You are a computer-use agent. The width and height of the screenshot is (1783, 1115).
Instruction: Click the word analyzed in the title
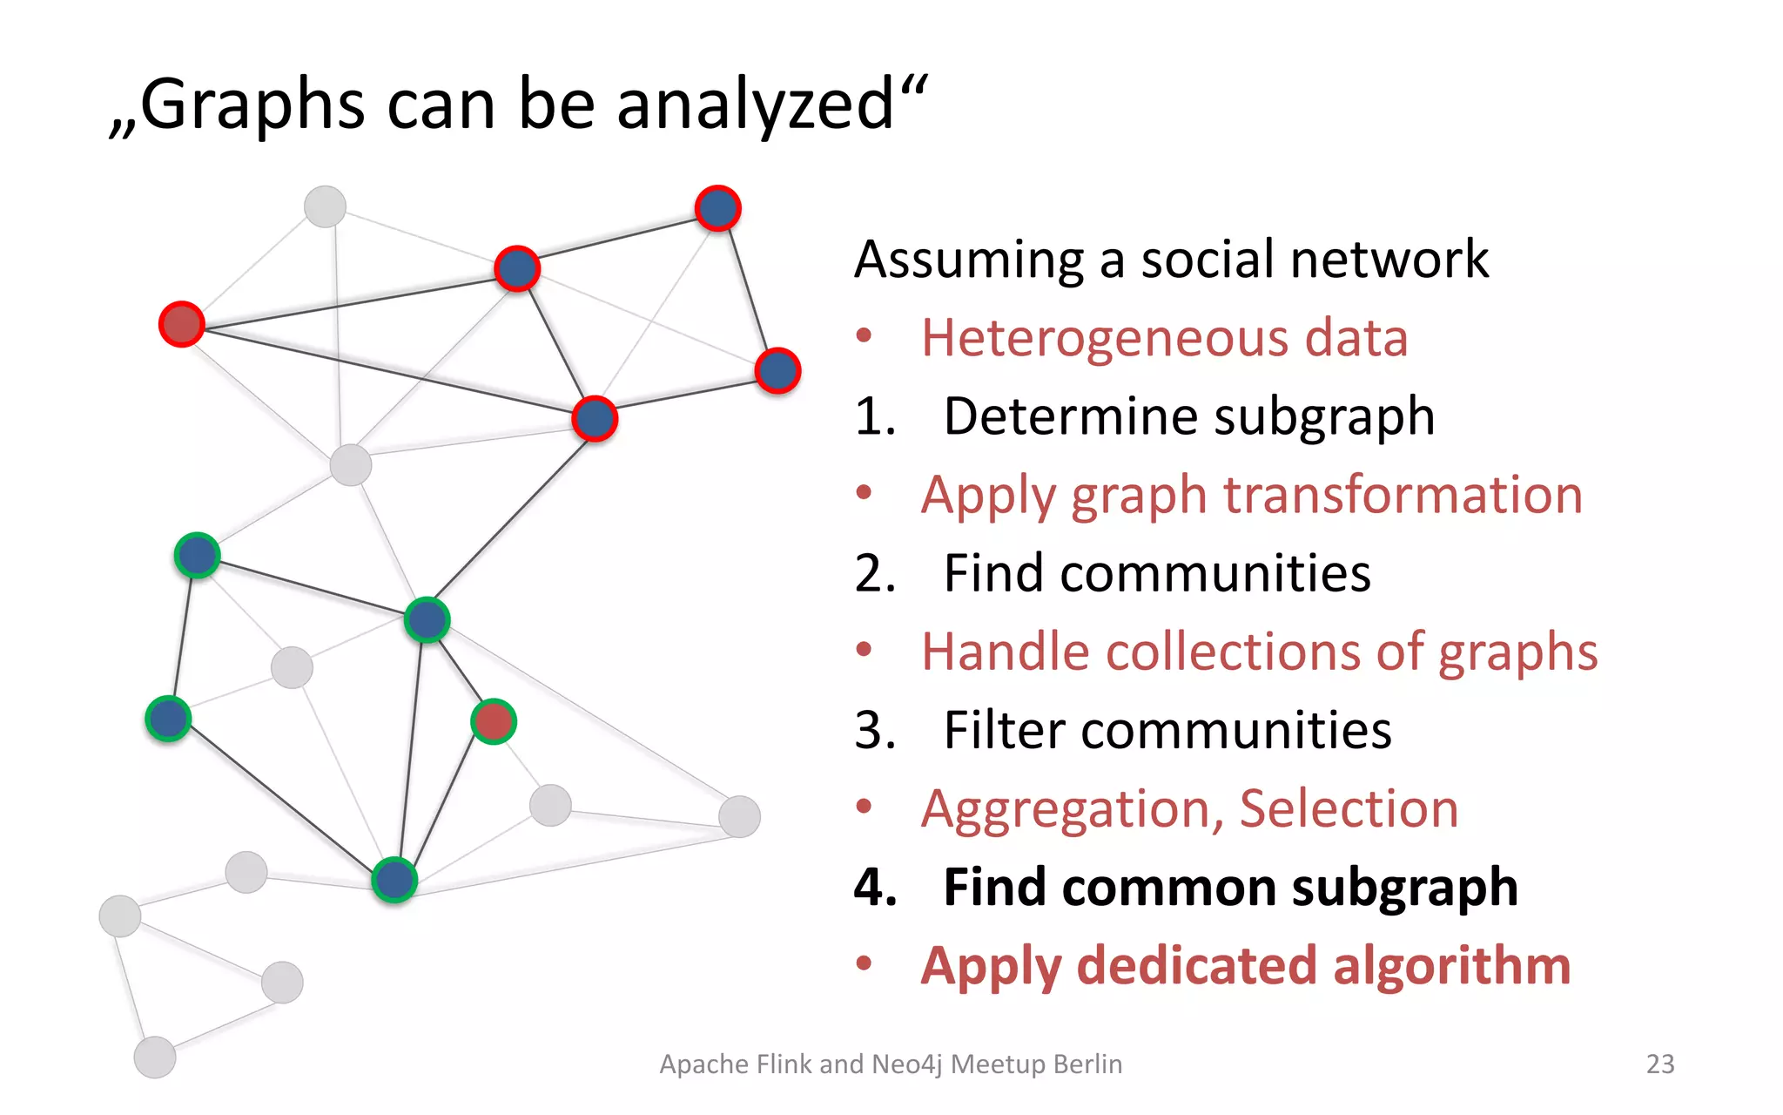pos(754,105)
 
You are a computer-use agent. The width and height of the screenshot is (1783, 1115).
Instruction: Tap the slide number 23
pos(1659,1064)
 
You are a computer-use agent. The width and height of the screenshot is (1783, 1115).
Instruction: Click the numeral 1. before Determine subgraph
pos(875,416)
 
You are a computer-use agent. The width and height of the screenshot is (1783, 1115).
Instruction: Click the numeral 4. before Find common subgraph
pos(875,888)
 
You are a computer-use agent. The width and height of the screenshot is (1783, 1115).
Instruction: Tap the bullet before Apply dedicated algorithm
pos(864,963)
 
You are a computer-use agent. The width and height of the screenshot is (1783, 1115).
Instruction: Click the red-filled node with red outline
pos(182,325)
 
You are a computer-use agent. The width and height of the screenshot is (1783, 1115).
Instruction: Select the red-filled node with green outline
pos(494,721)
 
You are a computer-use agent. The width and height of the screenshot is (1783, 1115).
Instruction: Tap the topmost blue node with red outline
pos(718,208)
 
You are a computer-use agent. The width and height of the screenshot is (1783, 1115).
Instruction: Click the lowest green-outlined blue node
pos(394,880)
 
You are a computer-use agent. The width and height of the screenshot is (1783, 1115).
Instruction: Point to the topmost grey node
pos(325,206)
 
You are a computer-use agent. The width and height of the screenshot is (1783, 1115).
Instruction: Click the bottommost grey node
pos(155,1058)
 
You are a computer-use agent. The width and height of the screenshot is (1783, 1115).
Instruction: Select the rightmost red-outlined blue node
pos(777,371)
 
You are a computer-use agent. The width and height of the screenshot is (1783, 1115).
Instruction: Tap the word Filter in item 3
pos(1004,730)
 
